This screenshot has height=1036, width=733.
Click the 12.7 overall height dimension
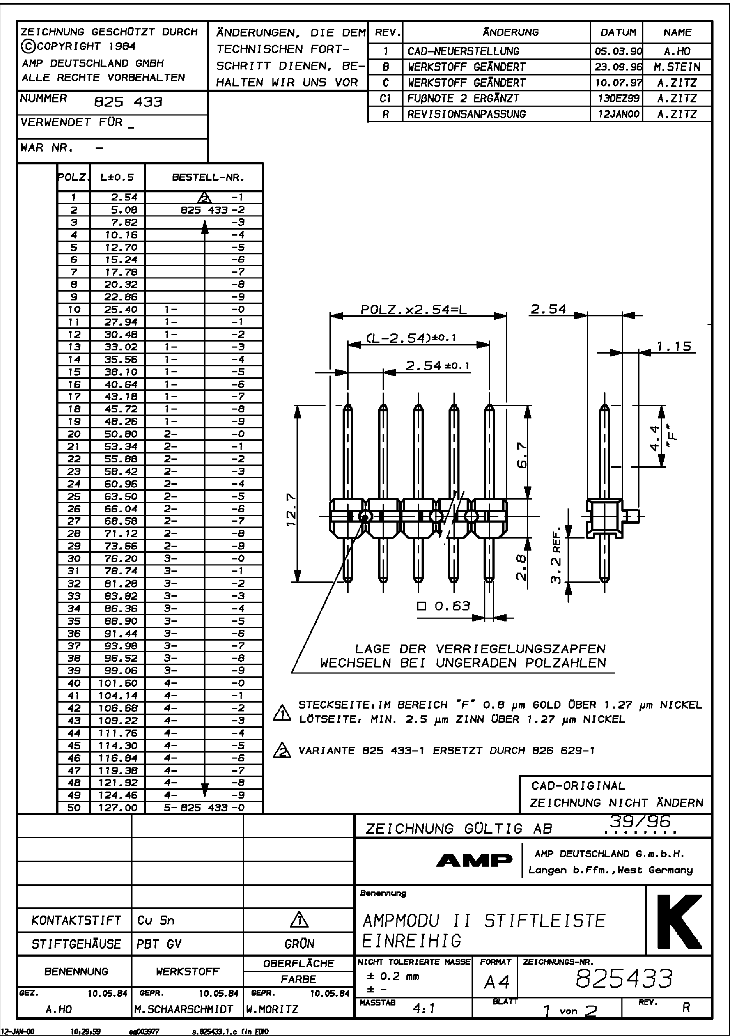click(292, 510)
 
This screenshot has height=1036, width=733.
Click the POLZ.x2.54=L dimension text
click(413, 310)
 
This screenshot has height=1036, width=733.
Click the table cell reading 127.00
click(118, 807)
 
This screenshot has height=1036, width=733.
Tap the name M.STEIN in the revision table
click(677, 67)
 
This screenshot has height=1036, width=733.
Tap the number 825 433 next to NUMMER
click(128, 102)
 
